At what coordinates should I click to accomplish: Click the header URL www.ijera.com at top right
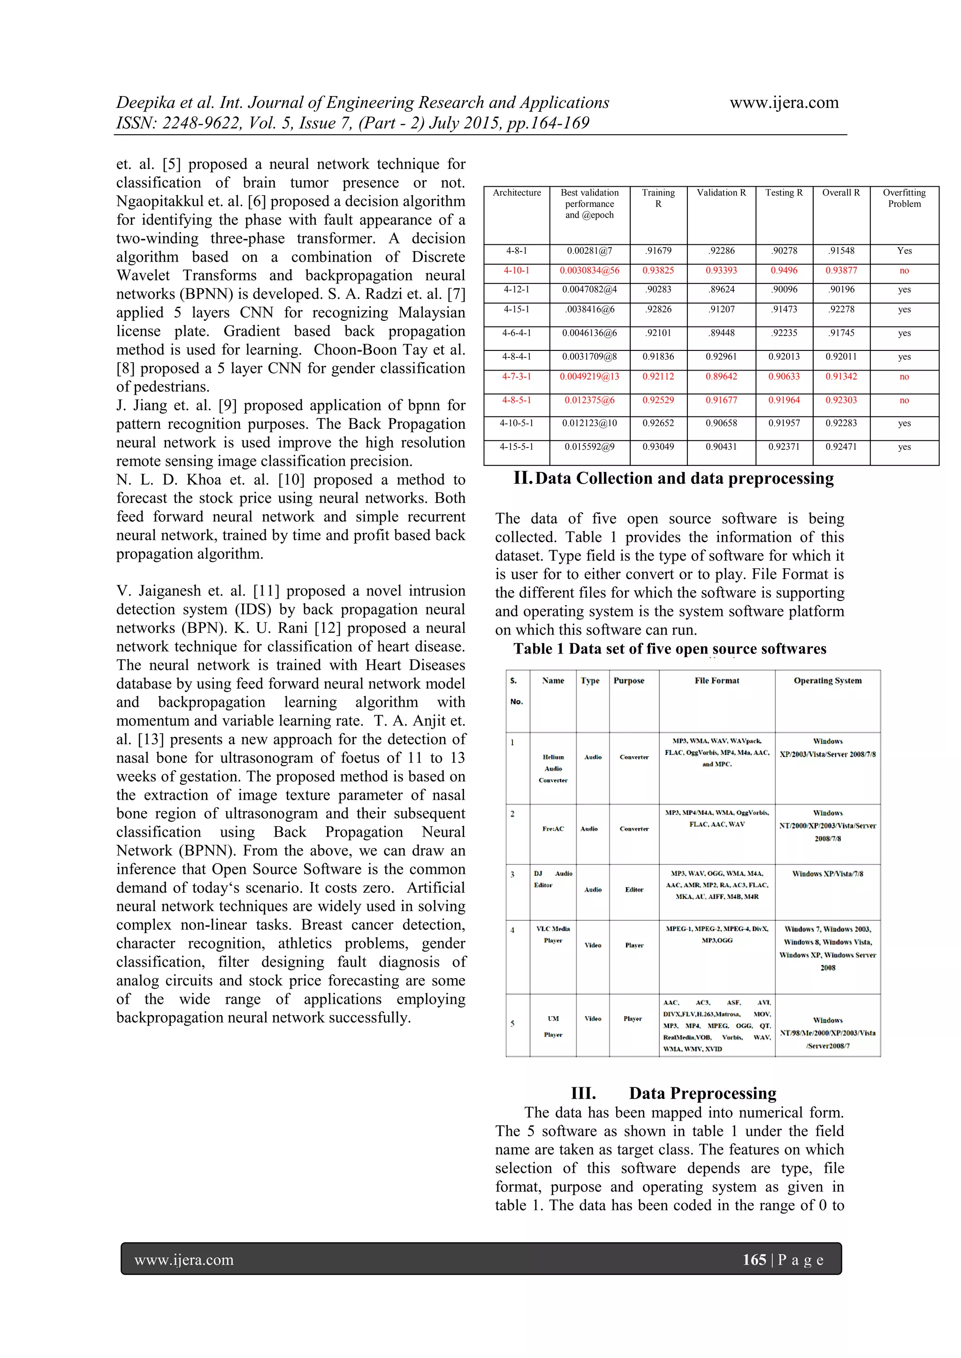(x=784, y=103)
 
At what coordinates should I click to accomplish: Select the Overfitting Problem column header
(x=904, y=198)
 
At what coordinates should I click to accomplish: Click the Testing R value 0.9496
(x=784, y=270)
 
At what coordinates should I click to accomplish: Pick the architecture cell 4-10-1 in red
(x=516, y=270)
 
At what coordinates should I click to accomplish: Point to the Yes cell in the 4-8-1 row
(x=904, y=251)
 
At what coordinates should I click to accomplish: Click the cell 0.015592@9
(x=589, y=447)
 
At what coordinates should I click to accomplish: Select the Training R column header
(x=658, y=198)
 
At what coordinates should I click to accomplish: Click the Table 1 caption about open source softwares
(x=669, y=649)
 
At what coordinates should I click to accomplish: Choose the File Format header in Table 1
(x=717, y=681)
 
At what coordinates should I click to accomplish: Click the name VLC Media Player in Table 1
(x=553, y=934)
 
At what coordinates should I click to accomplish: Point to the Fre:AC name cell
(x=553, y=829)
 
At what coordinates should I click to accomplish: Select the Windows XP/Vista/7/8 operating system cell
(x=827, y=873)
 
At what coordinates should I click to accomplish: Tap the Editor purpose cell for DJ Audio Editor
(x=634, y=889)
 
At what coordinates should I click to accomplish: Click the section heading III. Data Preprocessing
(x=673, y=1093)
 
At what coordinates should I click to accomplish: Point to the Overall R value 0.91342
(x=841, y=376)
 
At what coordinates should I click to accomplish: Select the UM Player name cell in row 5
(x=553, y=1026)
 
